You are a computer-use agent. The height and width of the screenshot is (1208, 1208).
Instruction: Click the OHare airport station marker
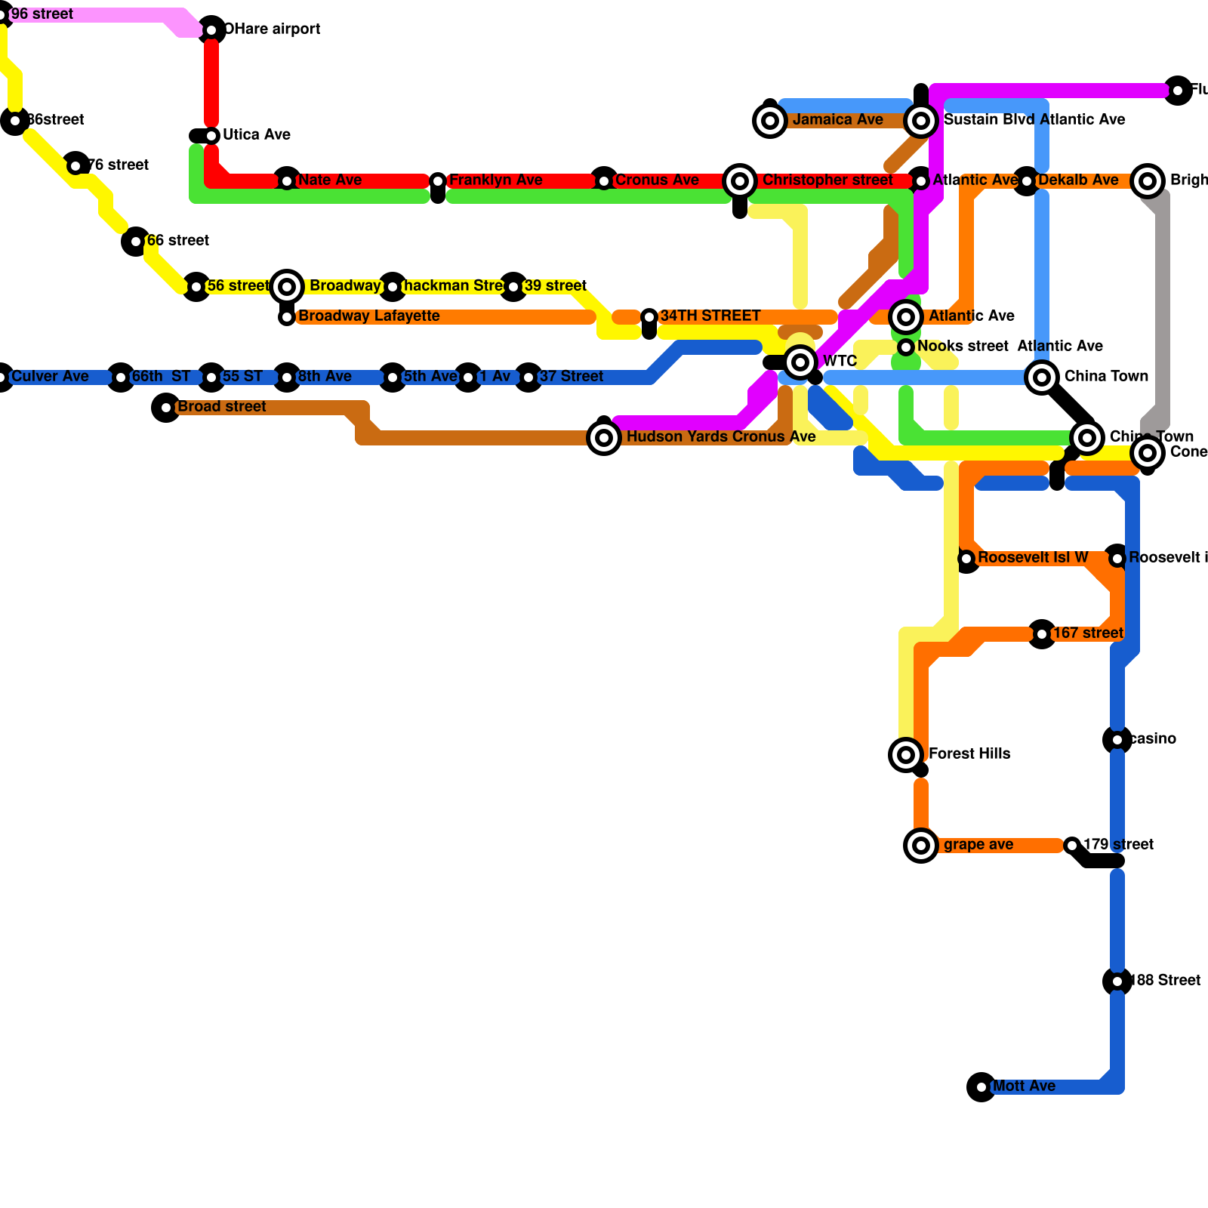coord(211,30)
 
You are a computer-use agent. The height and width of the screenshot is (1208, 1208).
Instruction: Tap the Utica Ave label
coord(256,135)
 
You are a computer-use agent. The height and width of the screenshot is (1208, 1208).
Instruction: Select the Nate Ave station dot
coord(287,181)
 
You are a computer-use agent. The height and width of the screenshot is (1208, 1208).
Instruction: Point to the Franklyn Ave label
coord(495,180)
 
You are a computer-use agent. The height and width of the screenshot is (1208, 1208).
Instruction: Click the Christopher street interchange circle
coord(740,181)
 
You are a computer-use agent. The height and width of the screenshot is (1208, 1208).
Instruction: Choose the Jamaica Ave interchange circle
coord(770,121)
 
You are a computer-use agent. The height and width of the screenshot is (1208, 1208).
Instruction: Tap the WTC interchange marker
coord(800,362)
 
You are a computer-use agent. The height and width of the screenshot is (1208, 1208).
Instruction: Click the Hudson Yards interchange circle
coord(604,438)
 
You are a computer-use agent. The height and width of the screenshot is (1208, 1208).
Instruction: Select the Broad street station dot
coord(166,408)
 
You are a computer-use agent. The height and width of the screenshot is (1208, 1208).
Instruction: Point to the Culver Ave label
coord(50,377)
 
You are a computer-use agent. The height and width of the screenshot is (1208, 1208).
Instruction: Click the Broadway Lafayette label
coord(368,316)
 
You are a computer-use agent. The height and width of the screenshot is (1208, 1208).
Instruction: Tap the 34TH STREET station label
coord(710,316)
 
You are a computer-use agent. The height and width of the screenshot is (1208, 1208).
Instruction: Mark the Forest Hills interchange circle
coord(906,755)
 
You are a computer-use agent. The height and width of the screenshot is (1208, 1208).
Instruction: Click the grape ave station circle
coord(921,846)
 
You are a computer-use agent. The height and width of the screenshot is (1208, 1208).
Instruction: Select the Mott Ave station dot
coord(981,1087)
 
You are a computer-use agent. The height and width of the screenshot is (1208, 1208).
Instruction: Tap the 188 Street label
coord(1166,981)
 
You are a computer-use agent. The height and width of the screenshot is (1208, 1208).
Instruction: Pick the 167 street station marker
coord(1042,634)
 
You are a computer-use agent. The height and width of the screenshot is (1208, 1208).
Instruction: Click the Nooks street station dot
coord(906,347)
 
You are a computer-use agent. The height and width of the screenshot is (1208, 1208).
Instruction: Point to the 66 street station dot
coord(136,242)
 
